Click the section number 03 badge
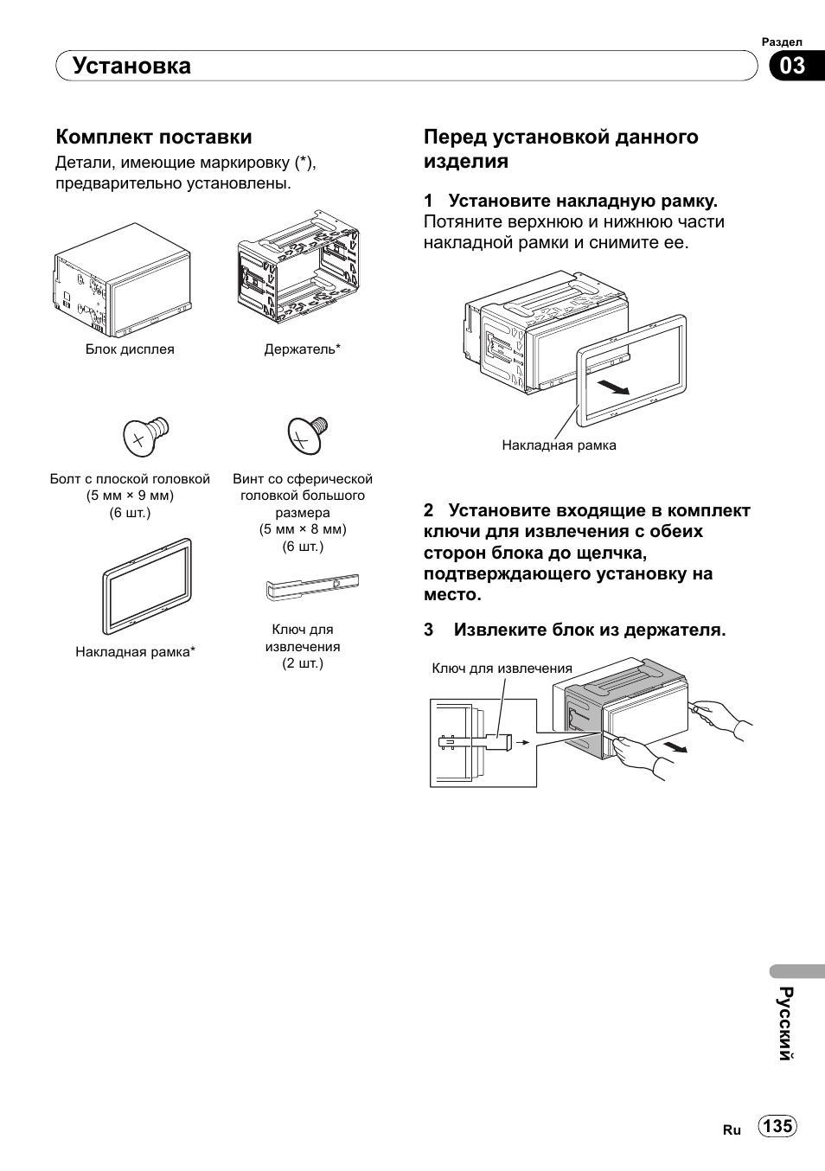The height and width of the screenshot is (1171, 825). (x=793, y=66)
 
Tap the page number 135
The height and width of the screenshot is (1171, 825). (x=777, y=1126)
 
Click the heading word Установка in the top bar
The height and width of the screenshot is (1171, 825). (x=131, y=66)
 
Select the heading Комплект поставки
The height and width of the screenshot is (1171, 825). (x=154, y=137)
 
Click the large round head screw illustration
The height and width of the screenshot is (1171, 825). (x=307, y=433)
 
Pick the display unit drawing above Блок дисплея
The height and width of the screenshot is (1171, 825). (x=122, y=280)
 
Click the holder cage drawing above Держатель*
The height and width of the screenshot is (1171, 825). (x=297, y=267)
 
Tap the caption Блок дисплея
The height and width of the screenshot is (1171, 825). (x=130, y=349)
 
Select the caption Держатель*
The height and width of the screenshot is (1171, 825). (x=302, y=349)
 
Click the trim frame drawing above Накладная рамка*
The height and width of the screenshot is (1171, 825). (x=147, y=586)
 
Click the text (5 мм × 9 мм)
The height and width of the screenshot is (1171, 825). (x=130, y=496)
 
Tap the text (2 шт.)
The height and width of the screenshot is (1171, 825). (x=303, y=663)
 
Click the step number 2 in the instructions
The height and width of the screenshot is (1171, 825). (x=428, y=510)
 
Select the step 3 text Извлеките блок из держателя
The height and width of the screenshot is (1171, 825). (x=590, y=630)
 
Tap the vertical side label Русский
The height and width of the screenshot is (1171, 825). (x=785, y=1023)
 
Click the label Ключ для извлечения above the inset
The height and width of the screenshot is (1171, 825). (x=502, y=669)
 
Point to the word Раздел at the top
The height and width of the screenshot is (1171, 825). (x=782, y=42)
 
